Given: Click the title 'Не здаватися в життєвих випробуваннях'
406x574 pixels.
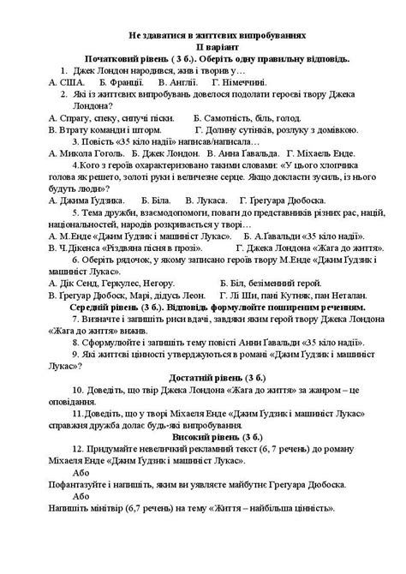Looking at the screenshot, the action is [203, 36].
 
